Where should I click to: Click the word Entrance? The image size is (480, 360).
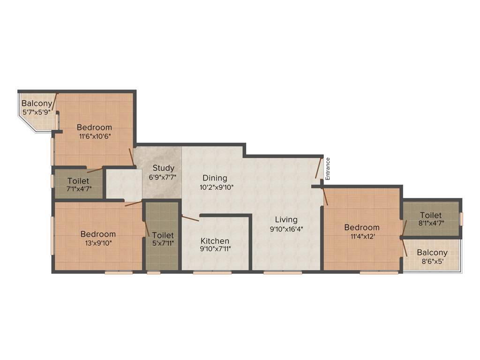328,169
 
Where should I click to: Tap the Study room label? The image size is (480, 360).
163,168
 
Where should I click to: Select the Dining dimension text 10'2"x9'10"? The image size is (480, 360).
215,187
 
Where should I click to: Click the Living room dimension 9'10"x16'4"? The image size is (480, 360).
286,228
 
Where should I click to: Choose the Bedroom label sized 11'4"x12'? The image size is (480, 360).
362,227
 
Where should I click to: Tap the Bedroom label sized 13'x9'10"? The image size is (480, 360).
98,234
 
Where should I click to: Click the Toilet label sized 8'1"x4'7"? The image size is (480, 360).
431,215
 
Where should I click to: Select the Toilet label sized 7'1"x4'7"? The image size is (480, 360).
79,180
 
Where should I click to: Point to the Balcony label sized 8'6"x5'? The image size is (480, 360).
432,252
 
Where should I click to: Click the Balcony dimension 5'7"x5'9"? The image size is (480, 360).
37,112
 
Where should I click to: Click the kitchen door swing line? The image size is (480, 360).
190,218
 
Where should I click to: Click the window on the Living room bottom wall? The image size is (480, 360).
283,272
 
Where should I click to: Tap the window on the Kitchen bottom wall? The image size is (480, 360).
212,272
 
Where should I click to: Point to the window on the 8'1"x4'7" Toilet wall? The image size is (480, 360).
461,218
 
